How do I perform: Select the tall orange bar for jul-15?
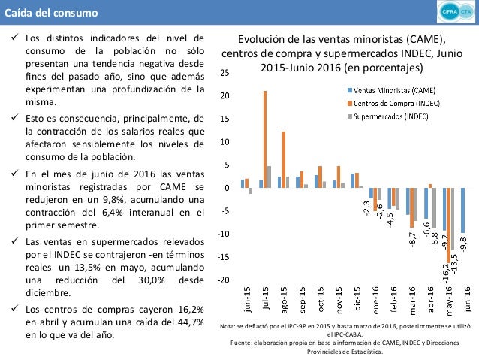click(264, 139)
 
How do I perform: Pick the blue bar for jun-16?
click(463, 210)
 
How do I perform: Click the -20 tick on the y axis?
click(224, 280)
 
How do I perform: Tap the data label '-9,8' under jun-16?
click(464, 244)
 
